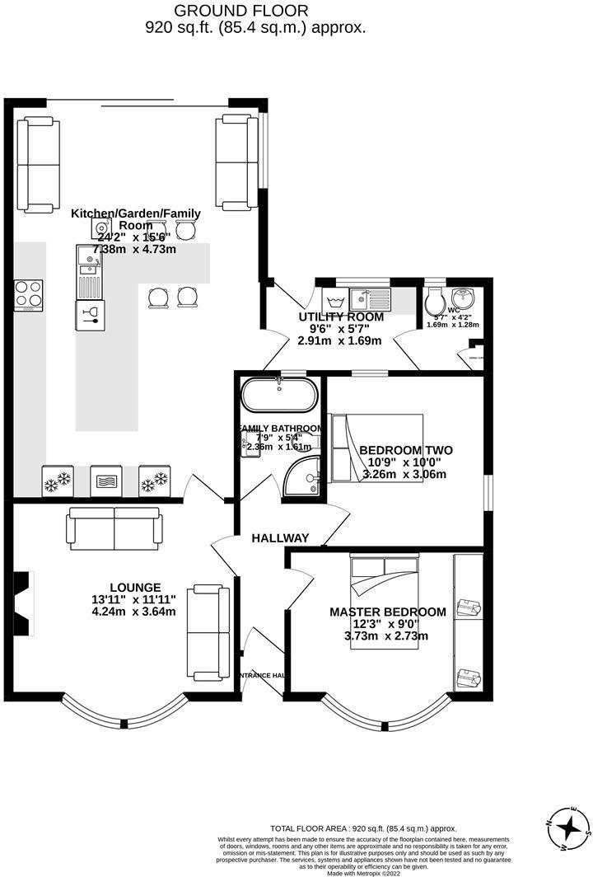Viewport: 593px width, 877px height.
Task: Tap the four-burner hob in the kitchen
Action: pyautogui.click(x=28, y=295)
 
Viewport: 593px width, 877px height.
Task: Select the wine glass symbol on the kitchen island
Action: pyautogui.click(x=90, y=314)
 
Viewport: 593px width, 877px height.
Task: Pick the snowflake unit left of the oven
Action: pyautogui.click(x=57, y=481)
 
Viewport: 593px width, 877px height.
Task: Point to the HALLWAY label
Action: pyautogui.click(x=281, y=538)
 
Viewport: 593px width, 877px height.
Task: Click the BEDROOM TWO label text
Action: pyautogui.click(x=405, y=451)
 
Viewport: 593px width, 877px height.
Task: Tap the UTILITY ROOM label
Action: pyautogui.click(x=341, y=317)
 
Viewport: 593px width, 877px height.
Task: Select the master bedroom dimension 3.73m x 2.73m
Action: pyautogui.click(x=380, y=635)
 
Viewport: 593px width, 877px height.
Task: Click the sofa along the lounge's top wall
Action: pyautogui.click(x=114, y=528)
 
